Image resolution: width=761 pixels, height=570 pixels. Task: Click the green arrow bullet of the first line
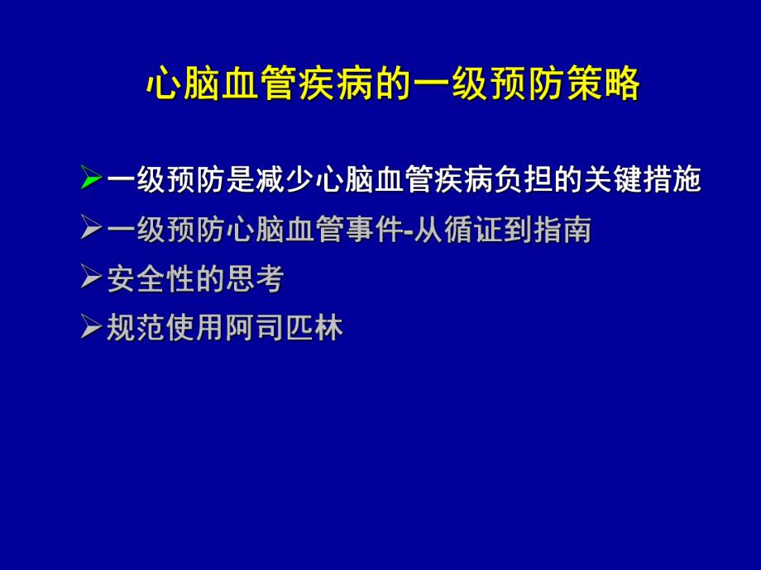92,179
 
